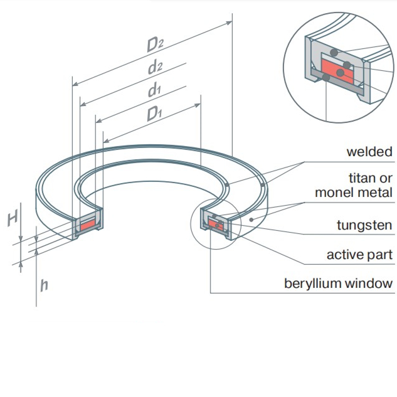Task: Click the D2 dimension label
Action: point(156,45)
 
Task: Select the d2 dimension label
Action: point(156,67)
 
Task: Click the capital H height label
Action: point(12,219)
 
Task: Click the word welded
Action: point(369,152)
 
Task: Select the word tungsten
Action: point(364,225)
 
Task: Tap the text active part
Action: point(359,255)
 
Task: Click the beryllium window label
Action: point(339,283)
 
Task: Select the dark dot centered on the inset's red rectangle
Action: point(340,73)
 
